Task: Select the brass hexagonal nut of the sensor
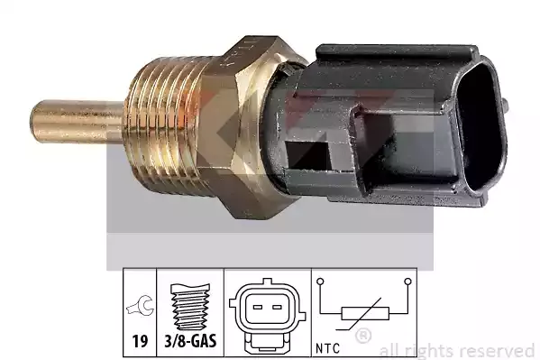click(x=248, y=127)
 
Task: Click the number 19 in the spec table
click(x=140, y=341)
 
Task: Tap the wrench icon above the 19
click(x=140, y=305)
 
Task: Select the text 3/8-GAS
click(x=190, y=341)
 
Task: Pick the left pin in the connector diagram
click(x=258, y=307)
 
